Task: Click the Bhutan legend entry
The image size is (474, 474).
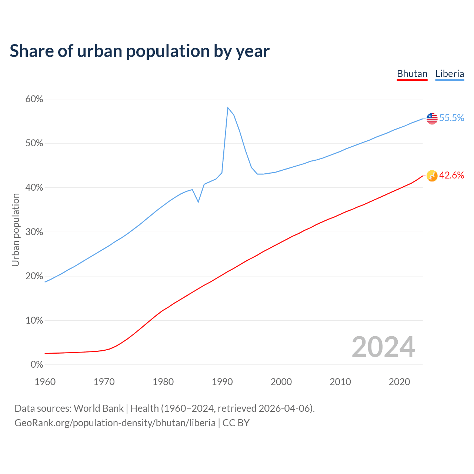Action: pos(412,74)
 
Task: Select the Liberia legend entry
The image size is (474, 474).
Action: pos(450,74)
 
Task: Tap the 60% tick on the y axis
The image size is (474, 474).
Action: pos(34,99)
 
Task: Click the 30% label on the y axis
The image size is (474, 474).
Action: pos(34,232)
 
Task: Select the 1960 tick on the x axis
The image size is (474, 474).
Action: pos(45,382)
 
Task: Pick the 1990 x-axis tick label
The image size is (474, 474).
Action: pos(222,382)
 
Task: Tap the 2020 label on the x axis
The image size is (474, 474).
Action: pos(399,382)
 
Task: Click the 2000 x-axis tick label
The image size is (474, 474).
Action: pos(281,382)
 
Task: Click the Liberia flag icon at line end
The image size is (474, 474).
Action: pos(432,118)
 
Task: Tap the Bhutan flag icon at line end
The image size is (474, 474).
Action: pos(432,176)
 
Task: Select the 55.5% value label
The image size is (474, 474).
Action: pos(451,118)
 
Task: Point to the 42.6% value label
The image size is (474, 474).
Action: pos(451,176)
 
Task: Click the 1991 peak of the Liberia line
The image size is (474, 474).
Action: pos(228,108)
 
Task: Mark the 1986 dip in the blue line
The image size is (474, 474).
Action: pos(198,202)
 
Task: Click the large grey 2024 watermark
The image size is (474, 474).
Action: pos(383,347)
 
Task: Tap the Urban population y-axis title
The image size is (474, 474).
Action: pos(16,230)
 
